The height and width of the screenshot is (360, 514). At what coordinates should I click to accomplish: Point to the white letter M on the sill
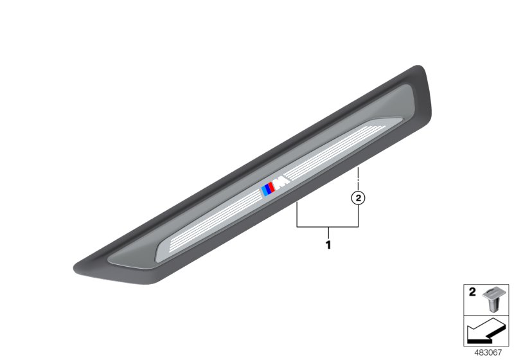click(x=282, y=183)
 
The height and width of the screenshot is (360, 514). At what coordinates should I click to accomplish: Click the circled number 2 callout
click(x=358, y=198)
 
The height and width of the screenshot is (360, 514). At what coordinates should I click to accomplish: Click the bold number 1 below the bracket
click(x=328, y=244)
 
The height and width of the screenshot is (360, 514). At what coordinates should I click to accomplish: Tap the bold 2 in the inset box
click(x=472, y=292)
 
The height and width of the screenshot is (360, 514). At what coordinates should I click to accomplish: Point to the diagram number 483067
click(x=488, y=352)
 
